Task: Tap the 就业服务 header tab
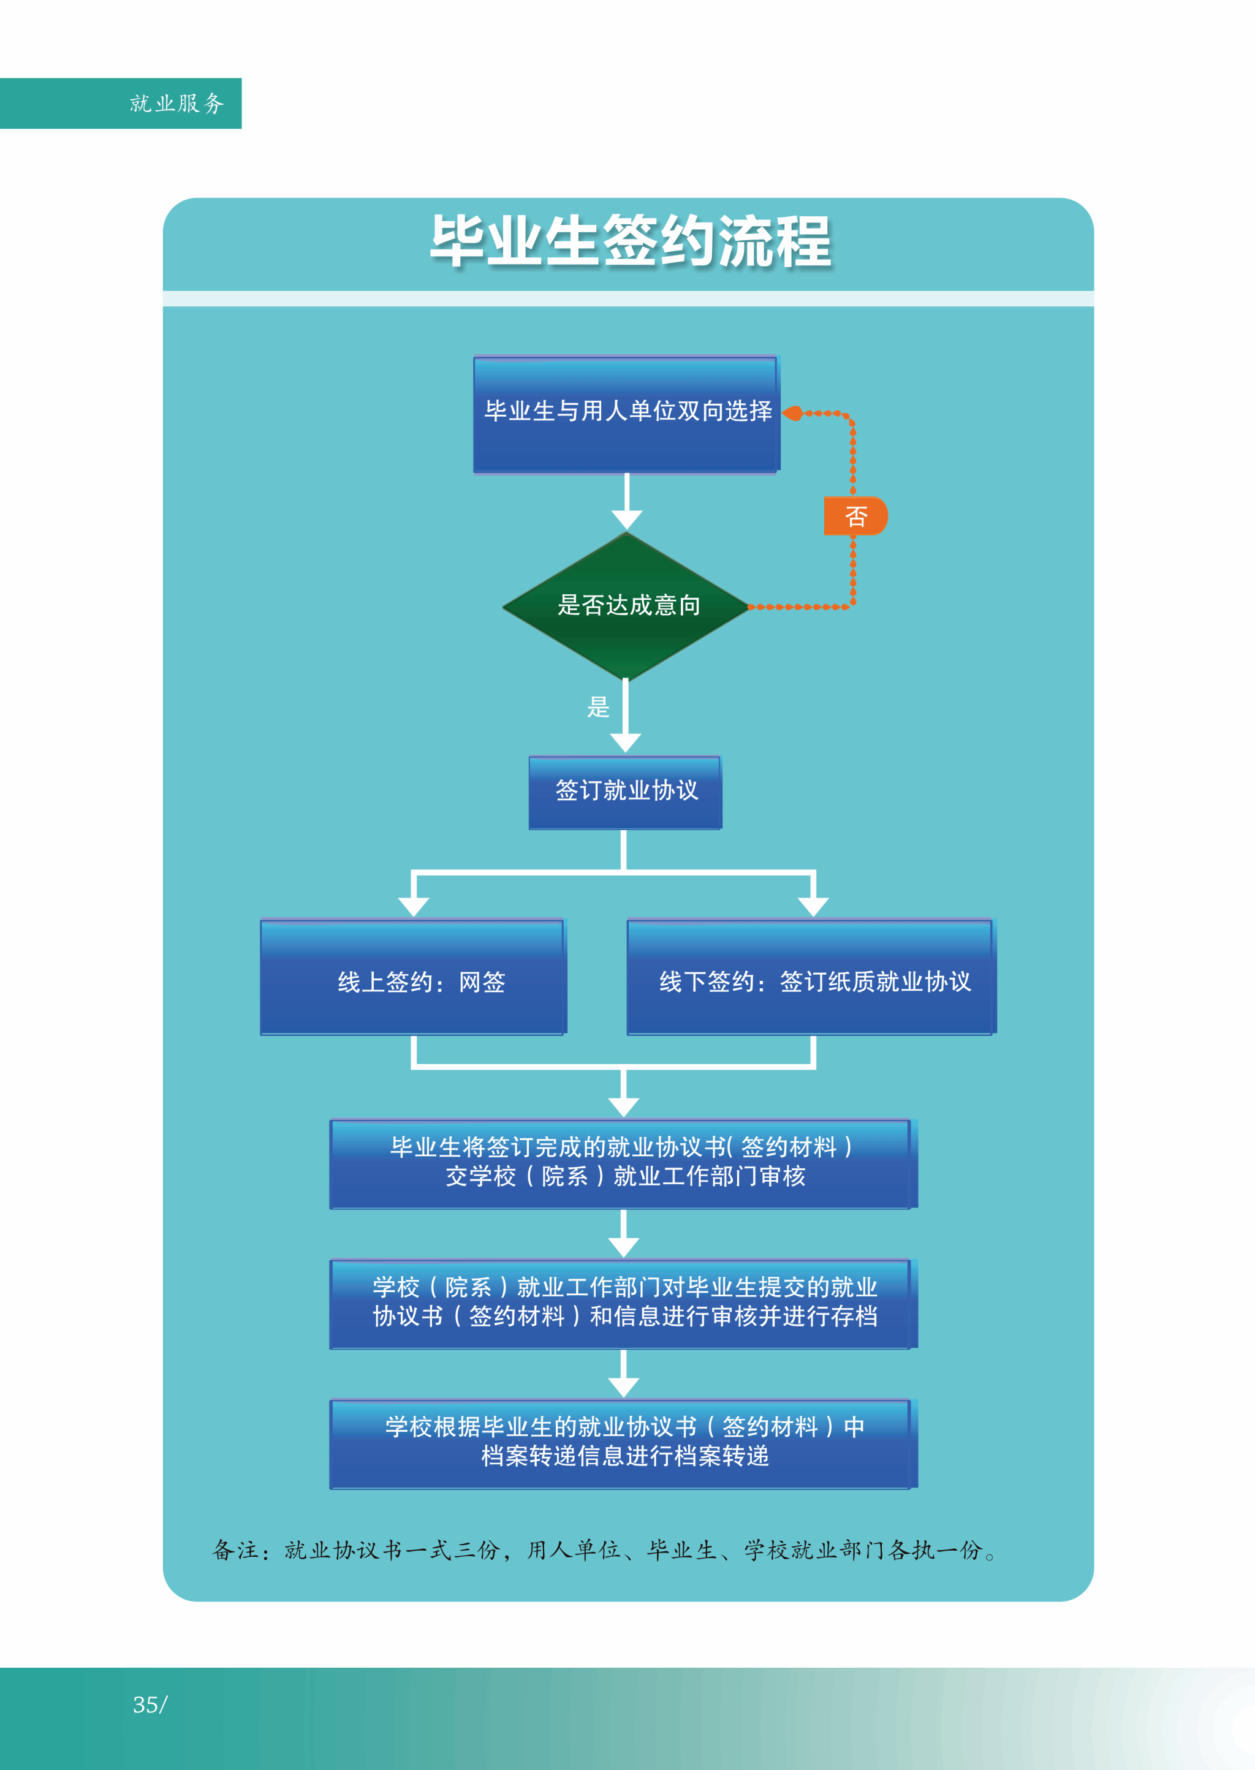pyautogui.click(x=176, y=104)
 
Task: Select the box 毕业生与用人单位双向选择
pyautogui.click(x=627, y=414)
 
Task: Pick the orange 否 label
pyautogui.click(x=855, y=516)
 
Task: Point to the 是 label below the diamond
pyautogui.click(x=598, y=707)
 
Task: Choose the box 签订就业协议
pyautogui.click(x=625, y=791)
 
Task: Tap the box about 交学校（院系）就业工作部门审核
pyautogui.click(x=622, y=1163)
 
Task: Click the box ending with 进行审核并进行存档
pyautogui.click(x=622, y=1303)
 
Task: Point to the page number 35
pyautogui.click(x=146, y=1705)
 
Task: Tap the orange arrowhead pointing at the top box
pyautogui.click(x=792, y=414)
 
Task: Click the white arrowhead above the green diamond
pyautogui.click(x=627, y=518)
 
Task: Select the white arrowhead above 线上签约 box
pyautogui.click(x=414, y=906)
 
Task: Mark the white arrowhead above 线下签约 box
pyautogui.click(x=813, y=906)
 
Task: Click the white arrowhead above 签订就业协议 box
pyautogui.click(x=625, y=742)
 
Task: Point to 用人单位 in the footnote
pyautogui.click(x=574, y=1551)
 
